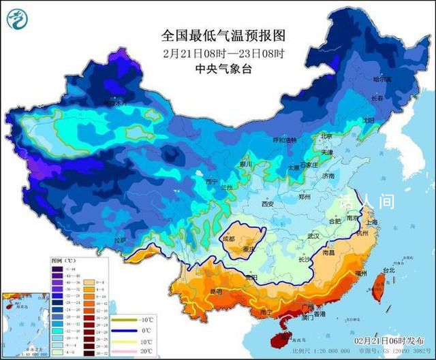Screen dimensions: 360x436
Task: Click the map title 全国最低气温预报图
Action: [x=223, y=35]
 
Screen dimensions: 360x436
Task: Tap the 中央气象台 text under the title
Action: [x=223, y=68]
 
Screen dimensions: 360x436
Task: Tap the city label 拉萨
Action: [x=120, y=240]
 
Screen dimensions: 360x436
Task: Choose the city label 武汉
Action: [x=313, y=235]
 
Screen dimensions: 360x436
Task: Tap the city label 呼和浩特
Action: [x=285, y=140]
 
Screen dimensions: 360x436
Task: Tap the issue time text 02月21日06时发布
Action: [x=389, y=340]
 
